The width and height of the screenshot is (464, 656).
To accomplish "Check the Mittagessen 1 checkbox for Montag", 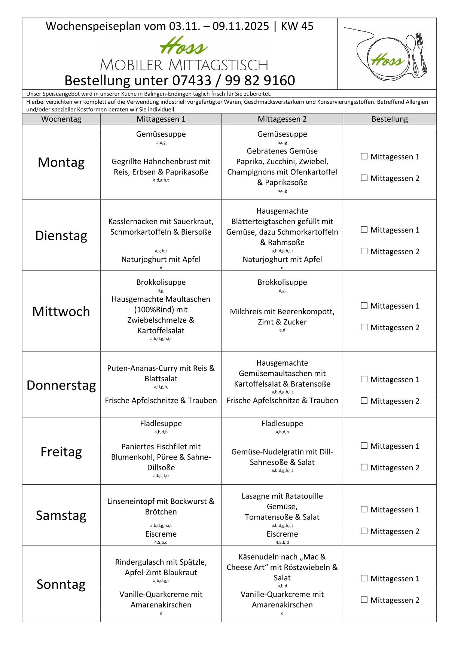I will pyautogui.click(x=364, y=156).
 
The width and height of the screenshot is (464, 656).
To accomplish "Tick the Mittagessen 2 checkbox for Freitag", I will pyautogui.click(x=364, y=467).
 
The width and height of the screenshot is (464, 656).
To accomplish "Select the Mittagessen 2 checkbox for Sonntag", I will pyautogui.click(x=364, y=600).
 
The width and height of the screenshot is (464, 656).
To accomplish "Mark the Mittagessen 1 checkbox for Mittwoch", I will pyautogui.click(x=364, y=306).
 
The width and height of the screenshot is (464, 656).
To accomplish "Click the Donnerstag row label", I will pyautogui.click(x=61, y=385).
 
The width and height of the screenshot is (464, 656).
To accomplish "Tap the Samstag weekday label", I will pyautogui.click(x=61, y=515).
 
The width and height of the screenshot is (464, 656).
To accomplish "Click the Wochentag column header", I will pyautogui.click(x=61, y=119).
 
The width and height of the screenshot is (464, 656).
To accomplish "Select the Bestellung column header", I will pyautogui.click(x=390, y=119).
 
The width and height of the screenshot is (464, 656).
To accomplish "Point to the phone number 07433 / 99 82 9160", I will pyautogui.click(x=233, y=80).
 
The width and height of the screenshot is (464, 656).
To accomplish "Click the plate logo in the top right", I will pyautogui.click(x=387, y=54).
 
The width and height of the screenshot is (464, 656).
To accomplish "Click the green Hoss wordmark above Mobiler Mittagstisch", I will pyautogui.click(x=183, y=47).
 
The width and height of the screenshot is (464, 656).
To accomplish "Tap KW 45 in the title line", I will pyautogui.click(x=297, y=26).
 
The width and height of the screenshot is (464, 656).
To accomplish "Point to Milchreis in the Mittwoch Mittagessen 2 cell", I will pyautogui.click(x=245, y=311).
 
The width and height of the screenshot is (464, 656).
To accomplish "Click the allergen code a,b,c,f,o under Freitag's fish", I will pyautogui.click(x=161, y=476).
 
